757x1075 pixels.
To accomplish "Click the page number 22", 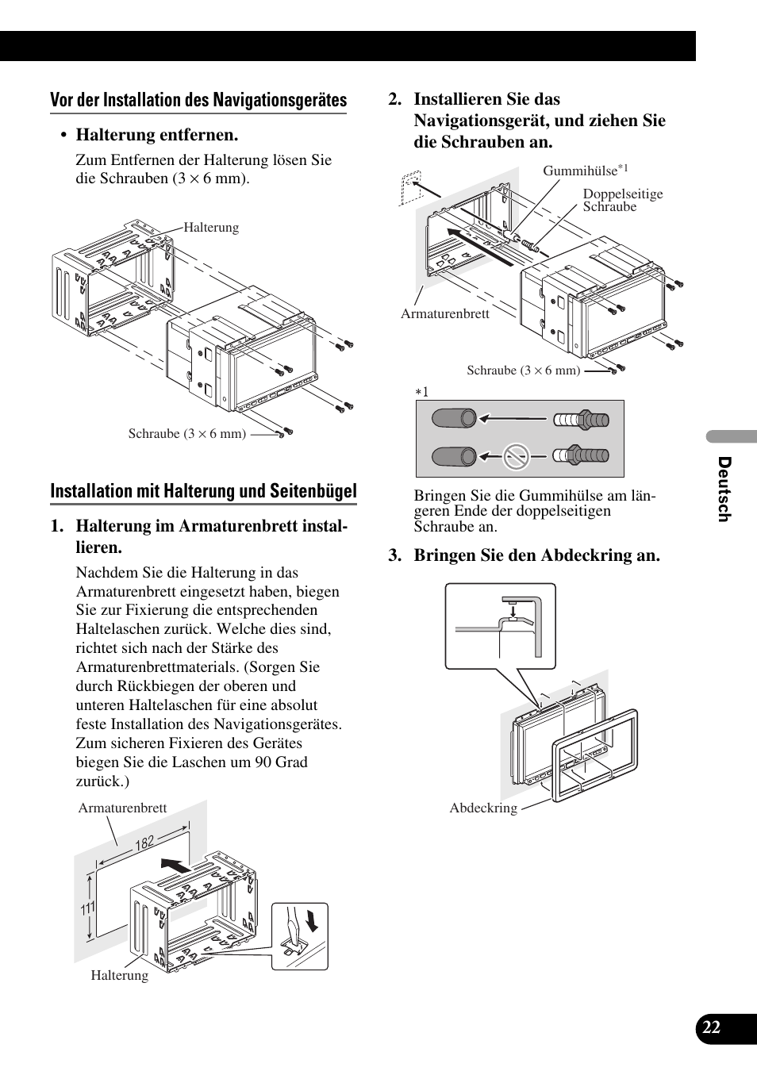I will pos(711,1027).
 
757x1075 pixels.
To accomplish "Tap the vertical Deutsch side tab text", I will pos(723,489).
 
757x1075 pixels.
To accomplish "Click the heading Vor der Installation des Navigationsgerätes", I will pos(198,100).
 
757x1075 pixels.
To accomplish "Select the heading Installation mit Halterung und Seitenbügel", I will pos(203,491).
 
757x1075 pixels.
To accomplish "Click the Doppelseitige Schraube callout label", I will pos(622,200).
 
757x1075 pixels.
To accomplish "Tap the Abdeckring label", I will pos(483,808).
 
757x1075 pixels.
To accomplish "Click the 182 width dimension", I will pos(144,843).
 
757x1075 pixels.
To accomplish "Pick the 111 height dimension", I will pos(87,908).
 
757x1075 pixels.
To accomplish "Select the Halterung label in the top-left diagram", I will pos(211,228).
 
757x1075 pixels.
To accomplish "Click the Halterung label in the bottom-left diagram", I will pos(119,975).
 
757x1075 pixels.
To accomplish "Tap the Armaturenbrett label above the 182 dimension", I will pos(122,808).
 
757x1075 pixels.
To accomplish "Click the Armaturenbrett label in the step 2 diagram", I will pos(444,313).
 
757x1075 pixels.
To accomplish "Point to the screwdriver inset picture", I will pos(299,936).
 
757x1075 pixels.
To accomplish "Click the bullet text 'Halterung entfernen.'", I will pos(157,135).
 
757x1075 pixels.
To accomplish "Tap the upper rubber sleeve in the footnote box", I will pos(454,418).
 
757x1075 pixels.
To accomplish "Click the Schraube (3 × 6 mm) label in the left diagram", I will pos(187,433).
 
